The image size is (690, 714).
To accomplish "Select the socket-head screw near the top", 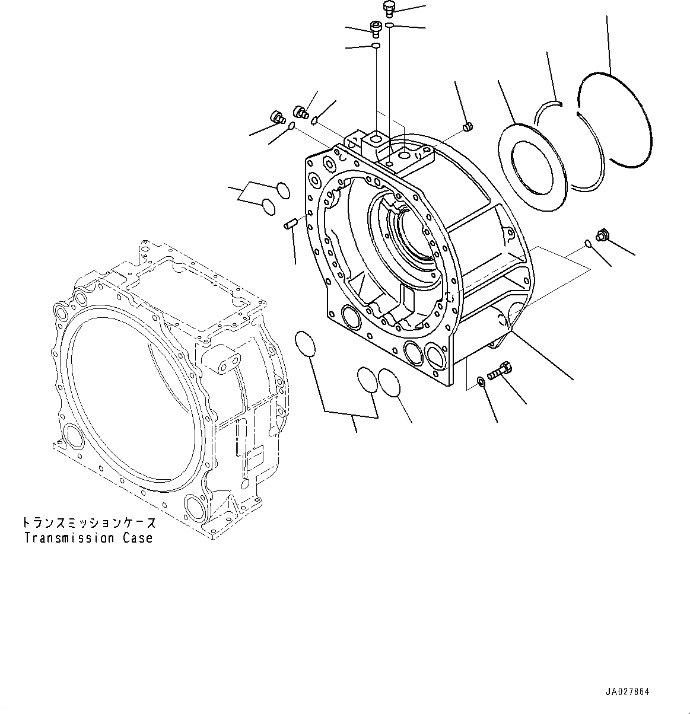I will click(x=375, y=28).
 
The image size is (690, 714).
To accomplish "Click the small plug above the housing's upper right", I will click(x=466, y=126).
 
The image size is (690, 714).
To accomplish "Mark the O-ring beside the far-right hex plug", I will click(x=587, y=242).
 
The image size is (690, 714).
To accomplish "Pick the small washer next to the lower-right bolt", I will click(x=481, y=380).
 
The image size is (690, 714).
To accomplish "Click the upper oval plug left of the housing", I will click(x=282, y=190).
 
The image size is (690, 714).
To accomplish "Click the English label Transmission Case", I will click(x=88, y=538).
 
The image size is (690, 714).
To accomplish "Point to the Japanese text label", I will click(x=89, y=523).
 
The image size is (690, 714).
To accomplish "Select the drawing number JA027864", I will click(x=628, y=691).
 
